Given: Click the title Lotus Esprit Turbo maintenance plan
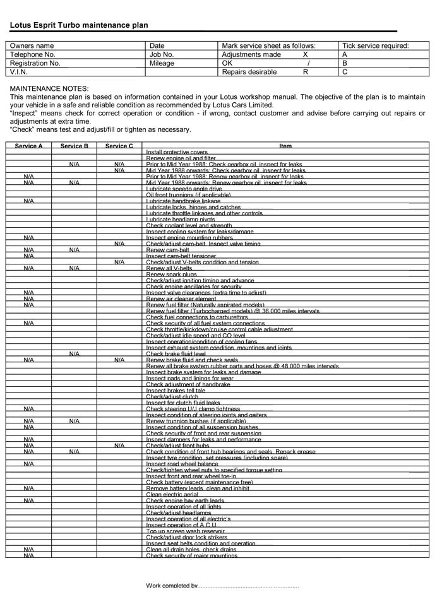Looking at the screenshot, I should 79,25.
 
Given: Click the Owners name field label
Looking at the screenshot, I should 32,46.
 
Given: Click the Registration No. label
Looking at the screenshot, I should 35,64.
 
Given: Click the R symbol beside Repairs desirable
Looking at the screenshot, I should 306,73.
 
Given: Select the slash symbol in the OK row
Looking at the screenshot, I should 308,64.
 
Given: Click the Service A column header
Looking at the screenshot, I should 29,146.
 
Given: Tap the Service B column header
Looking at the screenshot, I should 74,146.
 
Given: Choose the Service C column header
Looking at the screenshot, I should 119,146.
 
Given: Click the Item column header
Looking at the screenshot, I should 285,146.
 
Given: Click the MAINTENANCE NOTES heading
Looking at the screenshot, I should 50,89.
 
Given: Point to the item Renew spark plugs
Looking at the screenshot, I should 171,274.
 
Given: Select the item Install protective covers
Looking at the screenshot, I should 177,152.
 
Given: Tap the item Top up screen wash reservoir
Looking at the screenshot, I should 186,531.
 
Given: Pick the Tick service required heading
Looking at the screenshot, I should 375,46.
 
